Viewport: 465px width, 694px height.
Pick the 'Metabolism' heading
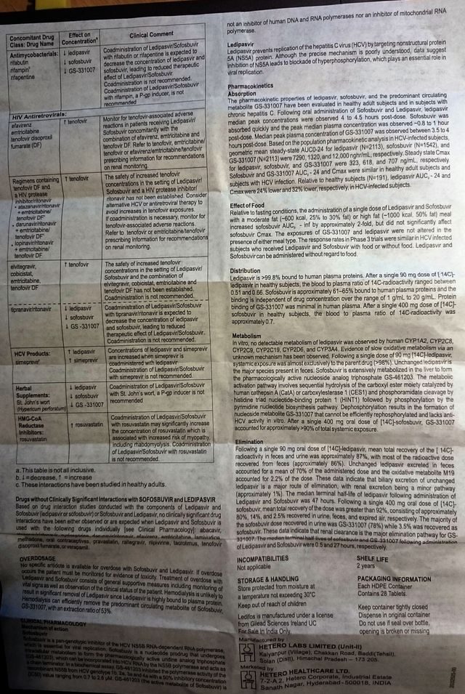243,337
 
